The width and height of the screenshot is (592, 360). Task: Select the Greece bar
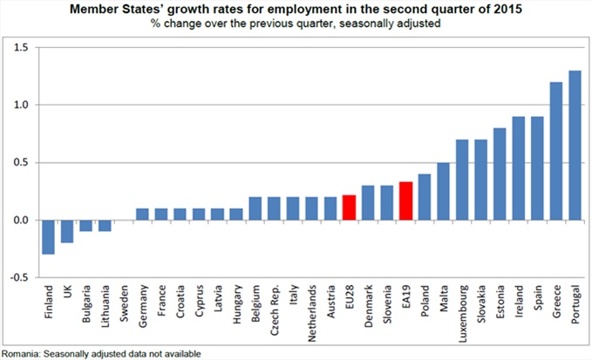click(x=555, y=152)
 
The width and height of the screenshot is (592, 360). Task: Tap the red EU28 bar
click(x=349, y=208)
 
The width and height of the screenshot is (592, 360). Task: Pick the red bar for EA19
click(x=405, y=201)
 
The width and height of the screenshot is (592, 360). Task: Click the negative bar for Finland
click(x=49, y=237)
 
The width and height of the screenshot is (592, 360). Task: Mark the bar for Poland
click(x=425, y=197)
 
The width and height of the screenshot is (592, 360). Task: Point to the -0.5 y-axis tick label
click(x=17, y=278)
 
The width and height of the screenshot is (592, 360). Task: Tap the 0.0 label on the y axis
click(x=19, y=221)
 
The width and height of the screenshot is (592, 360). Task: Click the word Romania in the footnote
click(x=23, y=353)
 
